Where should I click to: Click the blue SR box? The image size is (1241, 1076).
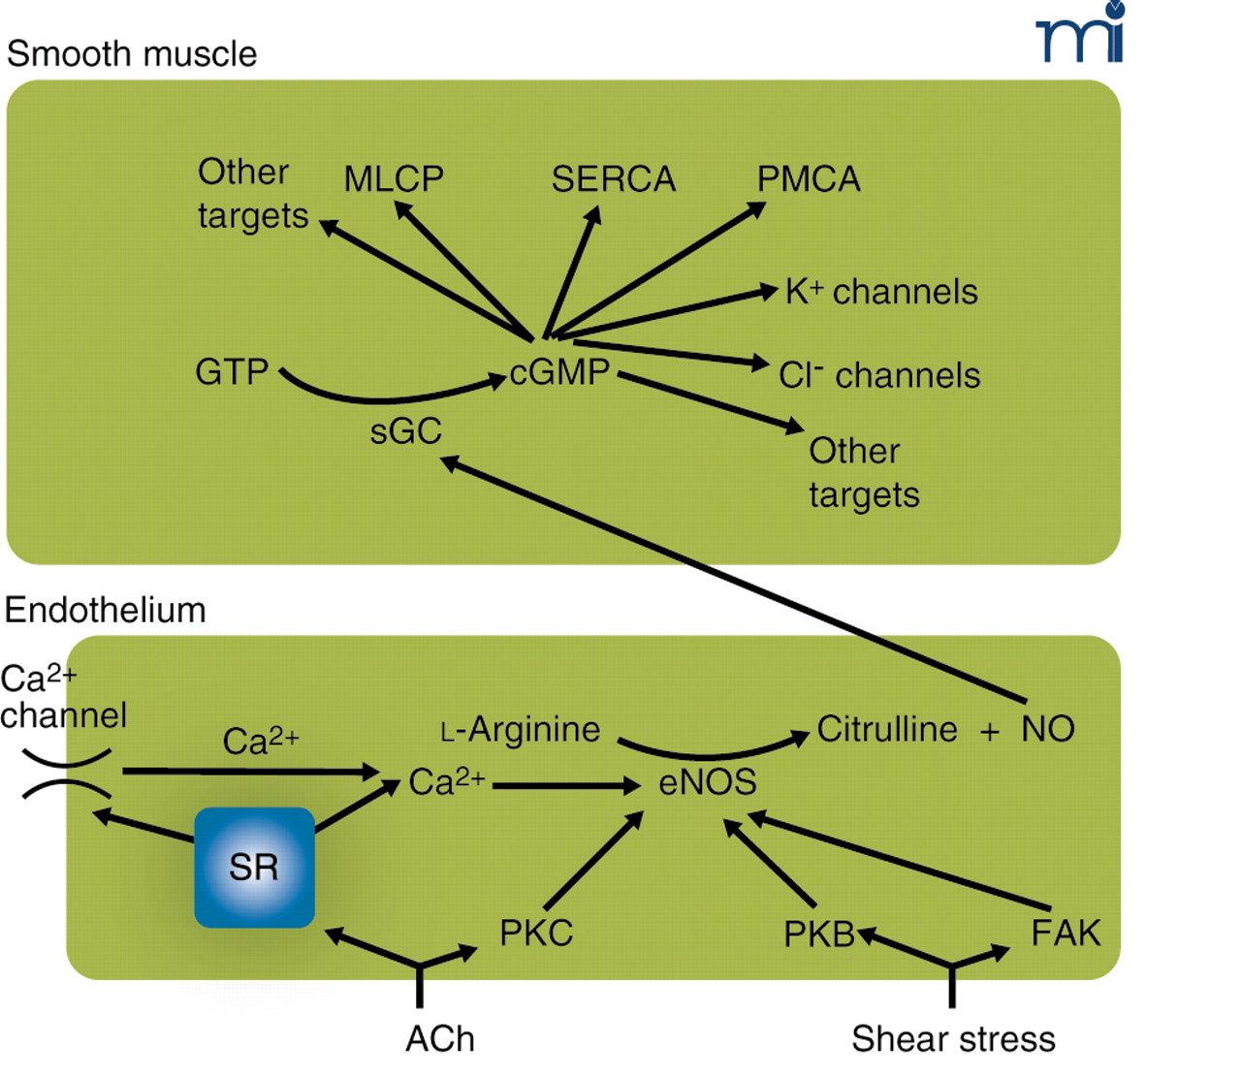point(254,867)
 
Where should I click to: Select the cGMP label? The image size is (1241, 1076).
point(559,372)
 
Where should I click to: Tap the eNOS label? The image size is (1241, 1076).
point(707,782)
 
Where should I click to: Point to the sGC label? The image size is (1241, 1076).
point(405,431)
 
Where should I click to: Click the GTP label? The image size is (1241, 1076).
point(232,372)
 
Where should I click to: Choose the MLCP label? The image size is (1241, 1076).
point(394,179)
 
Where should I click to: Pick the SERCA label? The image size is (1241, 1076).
point(613,179)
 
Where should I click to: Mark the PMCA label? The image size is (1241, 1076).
point(809,179)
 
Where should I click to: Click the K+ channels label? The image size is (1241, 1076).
point(881,292)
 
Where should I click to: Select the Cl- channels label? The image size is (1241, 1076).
point(879,375)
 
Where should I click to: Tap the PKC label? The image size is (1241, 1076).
point(536,934)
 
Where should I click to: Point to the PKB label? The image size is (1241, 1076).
point(819,934)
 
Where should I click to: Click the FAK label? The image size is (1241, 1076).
point(1066,934)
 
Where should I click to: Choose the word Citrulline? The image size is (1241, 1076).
point(887,729)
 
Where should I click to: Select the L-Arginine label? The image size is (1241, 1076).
point(521,729)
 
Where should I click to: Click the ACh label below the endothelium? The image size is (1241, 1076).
point(440,1039)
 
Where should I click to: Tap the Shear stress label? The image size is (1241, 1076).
point(953,1039)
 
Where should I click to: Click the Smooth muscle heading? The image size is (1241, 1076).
point(132,54)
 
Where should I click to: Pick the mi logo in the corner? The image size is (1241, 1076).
point(1081,34)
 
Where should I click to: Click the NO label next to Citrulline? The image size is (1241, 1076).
point(1048,729)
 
